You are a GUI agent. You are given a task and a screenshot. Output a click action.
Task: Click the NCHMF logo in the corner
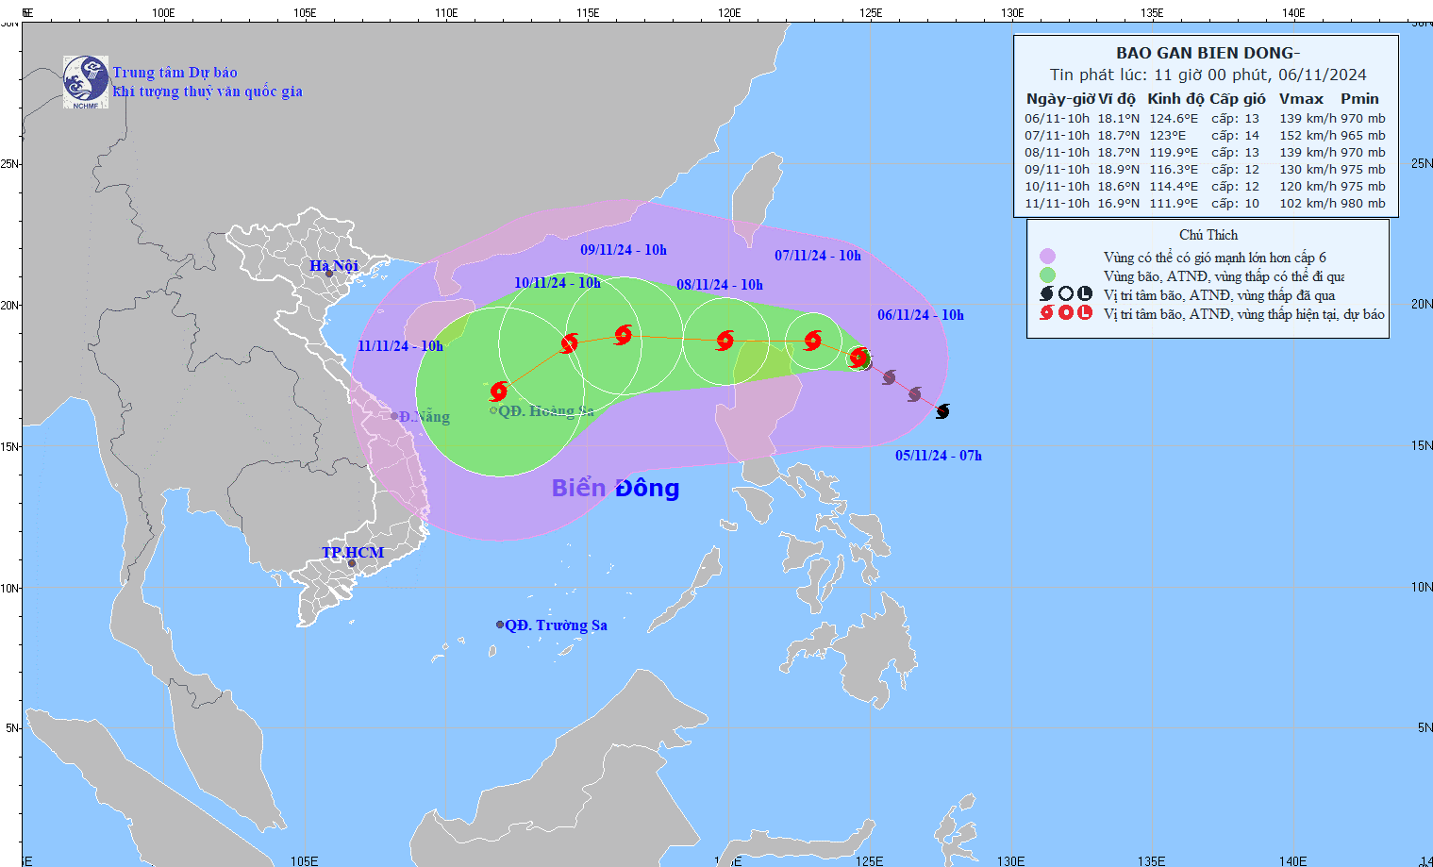click(x=86, y=82)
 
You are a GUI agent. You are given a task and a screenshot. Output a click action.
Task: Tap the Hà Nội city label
click(x=334, y=266)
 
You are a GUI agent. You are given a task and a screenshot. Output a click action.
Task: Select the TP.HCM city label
click(x=353, y=553)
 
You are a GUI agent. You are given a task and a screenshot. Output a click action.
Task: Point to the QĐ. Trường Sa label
click(x=556, y=625)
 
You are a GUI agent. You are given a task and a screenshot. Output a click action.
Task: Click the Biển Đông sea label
click(x=615, y=488)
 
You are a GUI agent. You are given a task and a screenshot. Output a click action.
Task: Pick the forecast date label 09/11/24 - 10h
click(x=624, y=250)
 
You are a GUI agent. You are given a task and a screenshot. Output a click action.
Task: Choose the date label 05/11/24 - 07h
click(x=939, y=456)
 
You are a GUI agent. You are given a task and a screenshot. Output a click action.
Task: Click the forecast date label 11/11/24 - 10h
click(x=400, y=346)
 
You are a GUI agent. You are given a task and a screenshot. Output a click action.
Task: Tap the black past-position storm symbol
click(x=942, y=411)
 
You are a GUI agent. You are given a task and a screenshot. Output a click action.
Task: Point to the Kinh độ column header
click(x=1175, y=99)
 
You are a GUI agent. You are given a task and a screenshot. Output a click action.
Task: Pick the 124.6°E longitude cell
click(x=1174, y=119)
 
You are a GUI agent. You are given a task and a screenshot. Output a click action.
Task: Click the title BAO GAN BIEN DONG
click(x=1208, y=54)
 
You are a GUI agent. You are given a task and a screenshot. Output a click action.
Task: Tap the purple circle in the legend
click(x=1047, y=257)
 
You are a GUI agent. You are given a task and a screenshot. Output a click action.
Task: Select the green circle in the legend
click(x=1047, y=275)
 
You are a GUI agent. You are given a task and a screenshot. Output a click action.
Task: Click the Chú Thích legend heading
click(x=1208, y=235)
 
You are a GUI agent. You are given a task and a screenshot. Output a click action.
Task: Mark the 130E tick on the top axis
click(x=1012, y=13)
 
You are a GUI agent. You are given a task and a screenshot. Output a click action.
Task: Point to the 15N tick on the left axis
click(x=10, y=446)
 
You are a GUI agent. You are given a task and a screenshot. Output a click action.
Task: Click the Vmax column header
click(x=1301, y=99)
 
